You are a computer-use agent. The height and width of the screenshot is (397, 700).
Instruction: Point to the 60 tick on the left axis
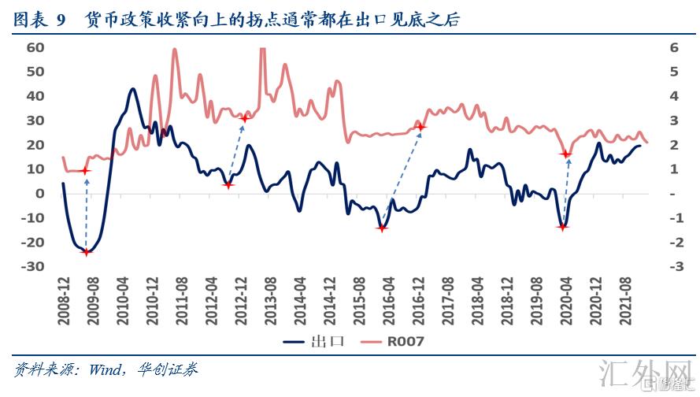coord(35,47)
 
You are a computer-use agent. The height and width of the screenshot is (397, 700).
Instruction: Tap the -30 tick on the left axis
coord(35,267)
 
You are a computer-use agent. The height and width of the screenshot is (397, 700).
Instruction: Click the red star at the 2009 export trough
coord(87,252)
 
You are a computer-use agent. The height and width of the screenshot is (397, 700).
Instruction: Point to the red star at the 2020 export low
coord(562,227)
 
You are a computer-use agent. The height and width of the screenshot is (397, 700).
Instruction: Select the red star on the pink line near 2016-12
coord(420,127)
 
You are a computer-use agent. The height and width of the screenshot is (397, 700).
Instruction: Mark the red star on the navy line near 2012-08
coord(228,184)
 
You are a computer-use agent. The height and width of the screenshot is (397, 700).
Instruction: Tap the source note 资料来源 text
coord(106,369)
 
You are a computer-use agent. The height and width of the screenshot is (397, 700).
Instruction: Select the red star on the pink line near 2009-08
coord(86,171)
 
